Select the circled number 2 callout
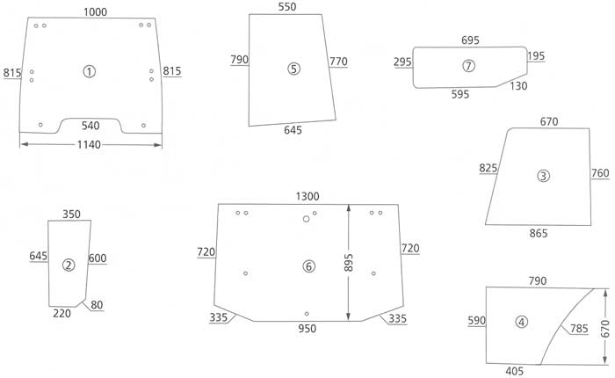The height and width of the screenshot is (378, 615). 69,265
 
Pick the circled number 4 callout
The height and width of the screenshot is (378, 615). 522,323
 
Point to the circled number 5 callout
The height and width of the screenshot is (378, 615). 293,69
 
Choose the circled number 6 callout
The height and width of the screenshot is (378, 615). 307,265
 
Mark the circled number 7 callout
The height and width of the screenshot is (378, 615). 468,66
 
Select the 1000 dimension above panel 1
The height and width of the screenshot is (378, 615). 96,11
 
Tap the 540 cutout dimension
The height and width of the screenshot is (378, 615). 90,126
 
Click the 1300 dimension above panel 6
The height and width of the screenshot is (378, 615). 307,195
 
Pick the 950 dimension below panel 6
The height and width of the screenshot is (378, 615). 307,329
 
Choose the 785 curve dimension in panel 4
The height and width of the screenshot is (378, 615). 579,329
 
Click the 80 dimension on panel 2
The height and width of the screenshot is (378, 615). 96,305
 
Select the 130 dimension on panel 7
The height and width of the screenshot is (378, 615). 518,85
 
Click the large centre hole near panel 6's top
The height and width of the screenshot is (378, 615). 306,220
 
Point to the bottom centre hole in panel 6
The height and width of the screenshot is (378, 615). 306,314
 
